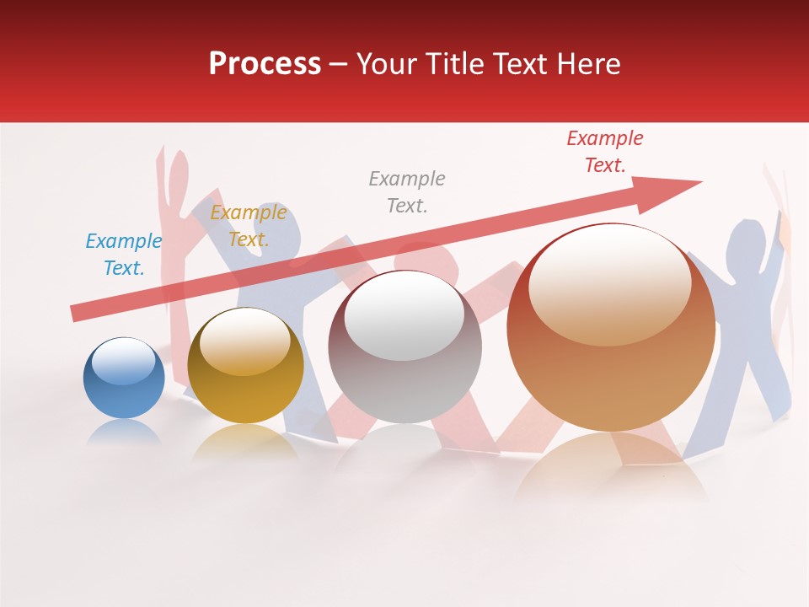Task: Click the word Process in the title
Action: (265, 64)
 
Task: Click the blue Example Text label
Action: (123, 255)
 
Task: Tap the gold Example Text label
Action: (248, 226)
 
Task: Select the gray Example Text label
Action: (407, 191)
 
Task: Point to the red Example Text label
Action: (604, 152)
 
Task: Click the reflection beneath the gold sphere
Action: (244, 442)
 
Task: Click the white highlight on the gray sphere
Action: (404, 316)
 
